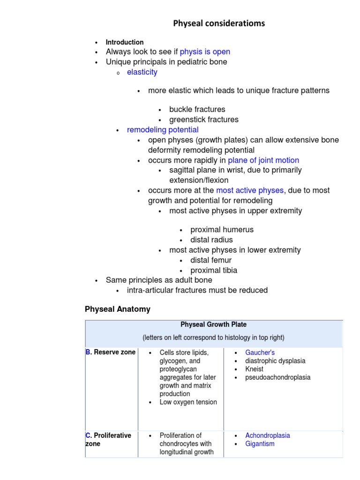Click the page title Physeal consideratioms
click(x=219, y=23)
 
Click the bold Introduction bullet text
click(x=125, y=42)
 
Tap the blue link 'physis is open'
click(x=205, y=52)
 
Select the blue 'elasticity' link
click(x=142, y=72)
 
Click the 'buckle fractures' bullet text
click(x=197, y=109)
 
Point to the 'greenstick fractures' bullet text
click(x=203, y=120)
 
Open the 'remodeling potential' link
click(x=163, y=130)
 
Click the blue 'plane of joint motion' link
click(x=263, y=160)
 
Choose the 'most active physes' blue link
click(x=249, y=190)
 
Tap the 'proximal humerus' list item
click(x=222, y=230)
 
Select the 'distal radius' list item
click(x=211, y=240)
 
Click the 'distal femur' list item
click(x=211, y=260)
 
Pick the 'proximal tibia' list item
click(x=214, y=270)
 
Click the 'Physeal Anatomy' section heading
click(x=118, y=309)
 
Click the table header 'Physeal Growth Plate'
click(x=213, y=324)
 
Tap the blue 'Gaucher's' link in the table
click(x=260, y=352)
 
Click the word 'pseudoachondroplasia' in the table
click(x=277, y=377)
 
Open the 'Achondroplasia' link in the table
click(x=267, y=435)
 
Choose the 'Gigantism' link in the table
click(x=260, y=444)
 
